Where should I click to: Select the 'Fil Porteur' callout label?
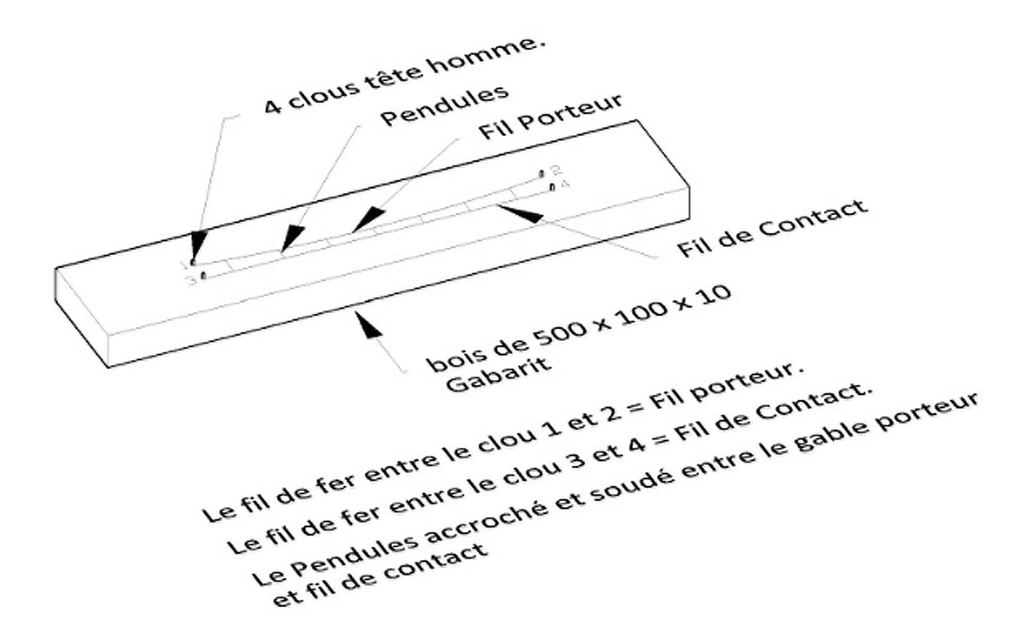point(551,117)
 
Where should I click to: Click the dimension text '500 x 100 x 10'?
point(633,319)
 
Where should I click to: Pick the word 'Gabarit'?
point(498,376)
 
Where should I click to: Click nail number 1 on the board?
point(193,262)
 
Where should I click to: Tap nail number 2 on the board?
point(541,174)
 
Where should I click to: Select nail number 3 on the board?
point(204,275)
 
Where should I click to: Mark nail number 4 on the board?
point(552,187)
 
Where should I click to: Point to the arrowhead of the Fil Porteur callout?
point(367,219)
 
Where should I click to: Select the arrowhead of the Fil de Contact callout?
point(519,213)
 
